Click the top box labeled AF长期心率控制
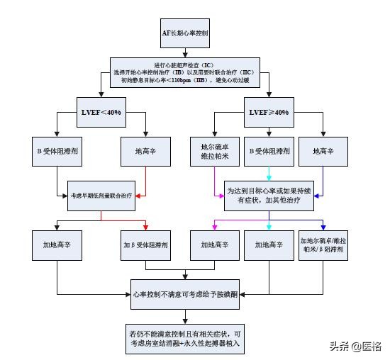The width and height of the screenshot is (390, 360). pyautogui.click(x=184, y=34)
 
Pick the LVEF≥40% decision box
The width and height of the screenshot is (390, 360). pyautogui.click(x=269, y=113)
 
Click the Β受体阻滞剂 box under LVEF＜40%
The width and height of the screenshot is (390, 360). pyautogui.click(x=57, y=151)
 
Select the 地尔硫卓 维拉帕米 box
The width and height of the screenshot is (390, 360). pyautogui.click(x=214, y=151)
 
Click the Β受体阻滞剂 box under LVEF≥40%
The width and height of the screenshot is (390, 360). pyautogui.click(x=269, y=151)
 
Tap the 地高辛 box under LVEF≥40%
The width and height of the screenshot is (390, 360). pyautogui.click(x=323, y=151)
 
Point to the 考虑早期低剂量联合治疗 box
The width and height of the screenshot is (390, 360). pyautogui.click(x=101, y=191)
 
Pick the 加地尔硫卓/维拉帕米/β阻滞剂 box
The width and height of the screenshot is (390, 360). pyautogui.click(x=323, y=244)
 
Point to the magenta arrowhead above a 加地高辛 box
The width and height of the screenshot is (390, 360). pyautogui.click(x=214, y=227)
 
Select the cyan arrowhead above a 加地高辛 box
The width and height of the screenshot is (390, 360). pyautogui.click(x=269, y=227)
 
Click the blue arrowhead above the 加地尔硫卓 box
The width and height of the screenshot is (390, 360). pyautogui.click(x=323, y=227)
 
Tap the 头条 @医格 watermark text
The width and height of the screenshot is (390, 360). pyautogui.click(x=355, y=346)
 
